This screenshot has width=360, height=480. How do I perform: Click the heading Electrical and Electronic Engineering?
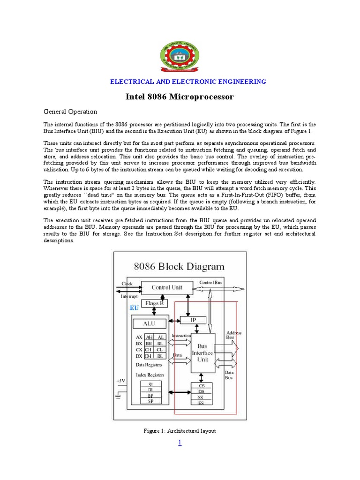pos(187,82)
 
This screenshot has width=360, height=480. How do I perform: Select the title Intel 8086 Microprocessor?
pos(180,97)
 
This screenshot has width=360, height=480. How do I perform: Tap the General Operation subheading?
pos(70,112)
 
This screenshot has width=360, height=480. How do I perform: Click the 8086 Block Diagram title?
pos(179,267)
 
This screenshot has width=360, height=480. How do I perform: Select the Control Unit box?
pos(167,287)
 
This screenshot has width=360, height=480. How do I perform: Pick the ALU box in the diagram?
pos(149,323)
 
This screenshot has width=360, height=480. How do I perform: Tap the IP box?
pos(193,320)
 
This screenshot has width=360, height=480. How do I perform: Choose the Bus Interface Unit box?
pos(202,352)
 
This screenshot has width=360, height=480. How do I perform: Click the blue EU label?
pos(134,308)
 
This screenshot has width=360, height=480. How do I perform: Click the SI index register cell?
pos(150,383)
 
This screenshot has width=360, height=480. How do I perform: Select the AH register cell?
pos(149,337)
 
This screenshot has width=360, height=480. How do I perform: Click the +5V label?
pos(121,381)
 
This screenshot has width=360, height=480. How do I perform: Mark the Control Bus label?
pos(210,283)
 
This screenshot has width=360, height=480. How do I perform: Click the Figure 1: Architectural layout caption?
pos(180,431)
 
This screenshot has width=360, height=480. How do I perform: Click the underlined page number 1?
pos(180,443)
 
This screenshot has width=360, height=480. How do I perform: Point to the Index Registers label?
pos(150,375)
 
